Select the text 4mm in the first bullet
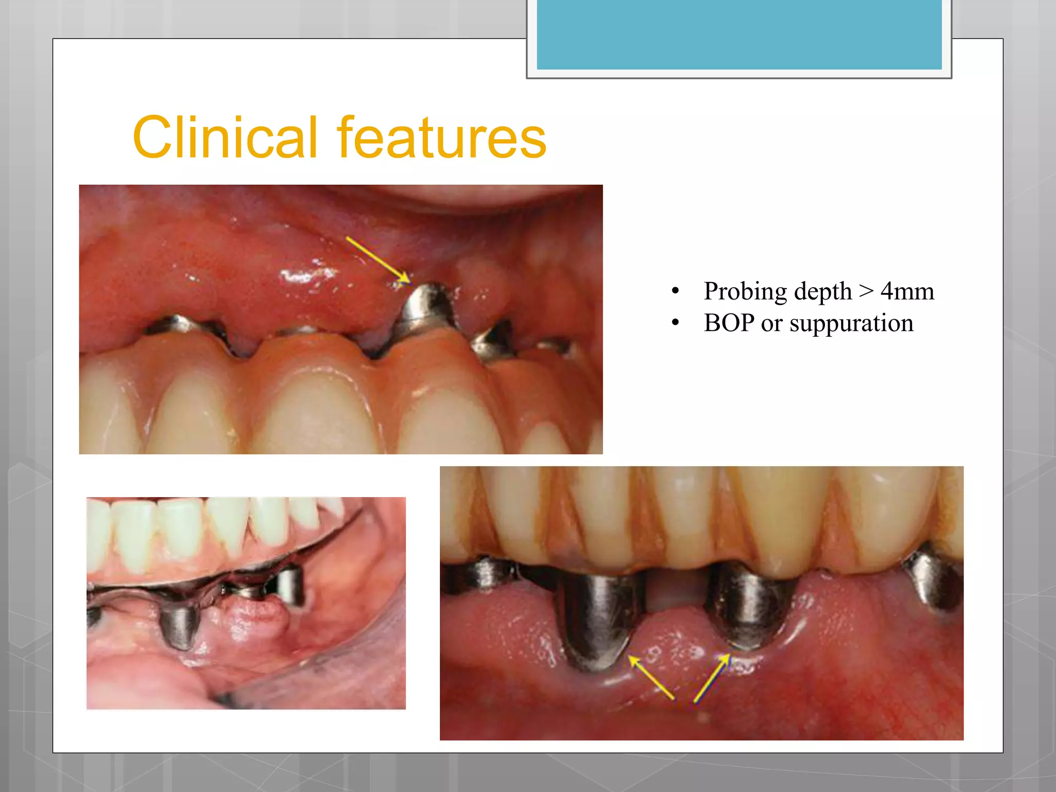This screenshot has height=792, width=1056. (907, 291)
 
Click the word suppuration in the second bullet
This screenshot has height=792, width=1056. (851, 323)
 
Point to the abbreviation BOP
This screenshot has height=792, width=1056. (729, 323)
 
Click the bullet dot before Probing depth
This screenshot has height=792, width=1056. (675, 291)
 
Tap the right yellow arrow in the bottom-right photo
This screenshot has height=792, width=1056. (712, 678)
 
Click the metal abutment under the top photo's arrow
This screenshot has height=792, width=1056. (427, 308)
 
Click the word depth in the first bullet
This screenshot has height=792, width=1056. (823, 291)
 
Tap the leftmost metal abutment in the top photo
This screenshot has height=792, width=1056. (180, 324)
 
